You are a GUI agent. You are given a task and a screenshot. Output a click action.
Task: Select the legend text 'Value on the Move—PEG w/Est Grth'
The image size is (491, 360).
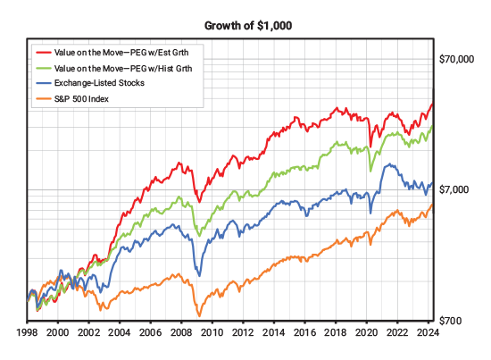(x=129, y=53)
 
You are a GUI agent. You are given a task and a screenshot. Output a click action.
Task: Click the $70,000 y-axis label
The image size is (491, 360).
(x=455, y=60)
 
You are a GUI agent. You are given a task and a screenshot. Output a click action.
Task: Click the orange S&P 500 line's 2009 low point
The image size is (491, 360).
(x=197, y=315)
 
